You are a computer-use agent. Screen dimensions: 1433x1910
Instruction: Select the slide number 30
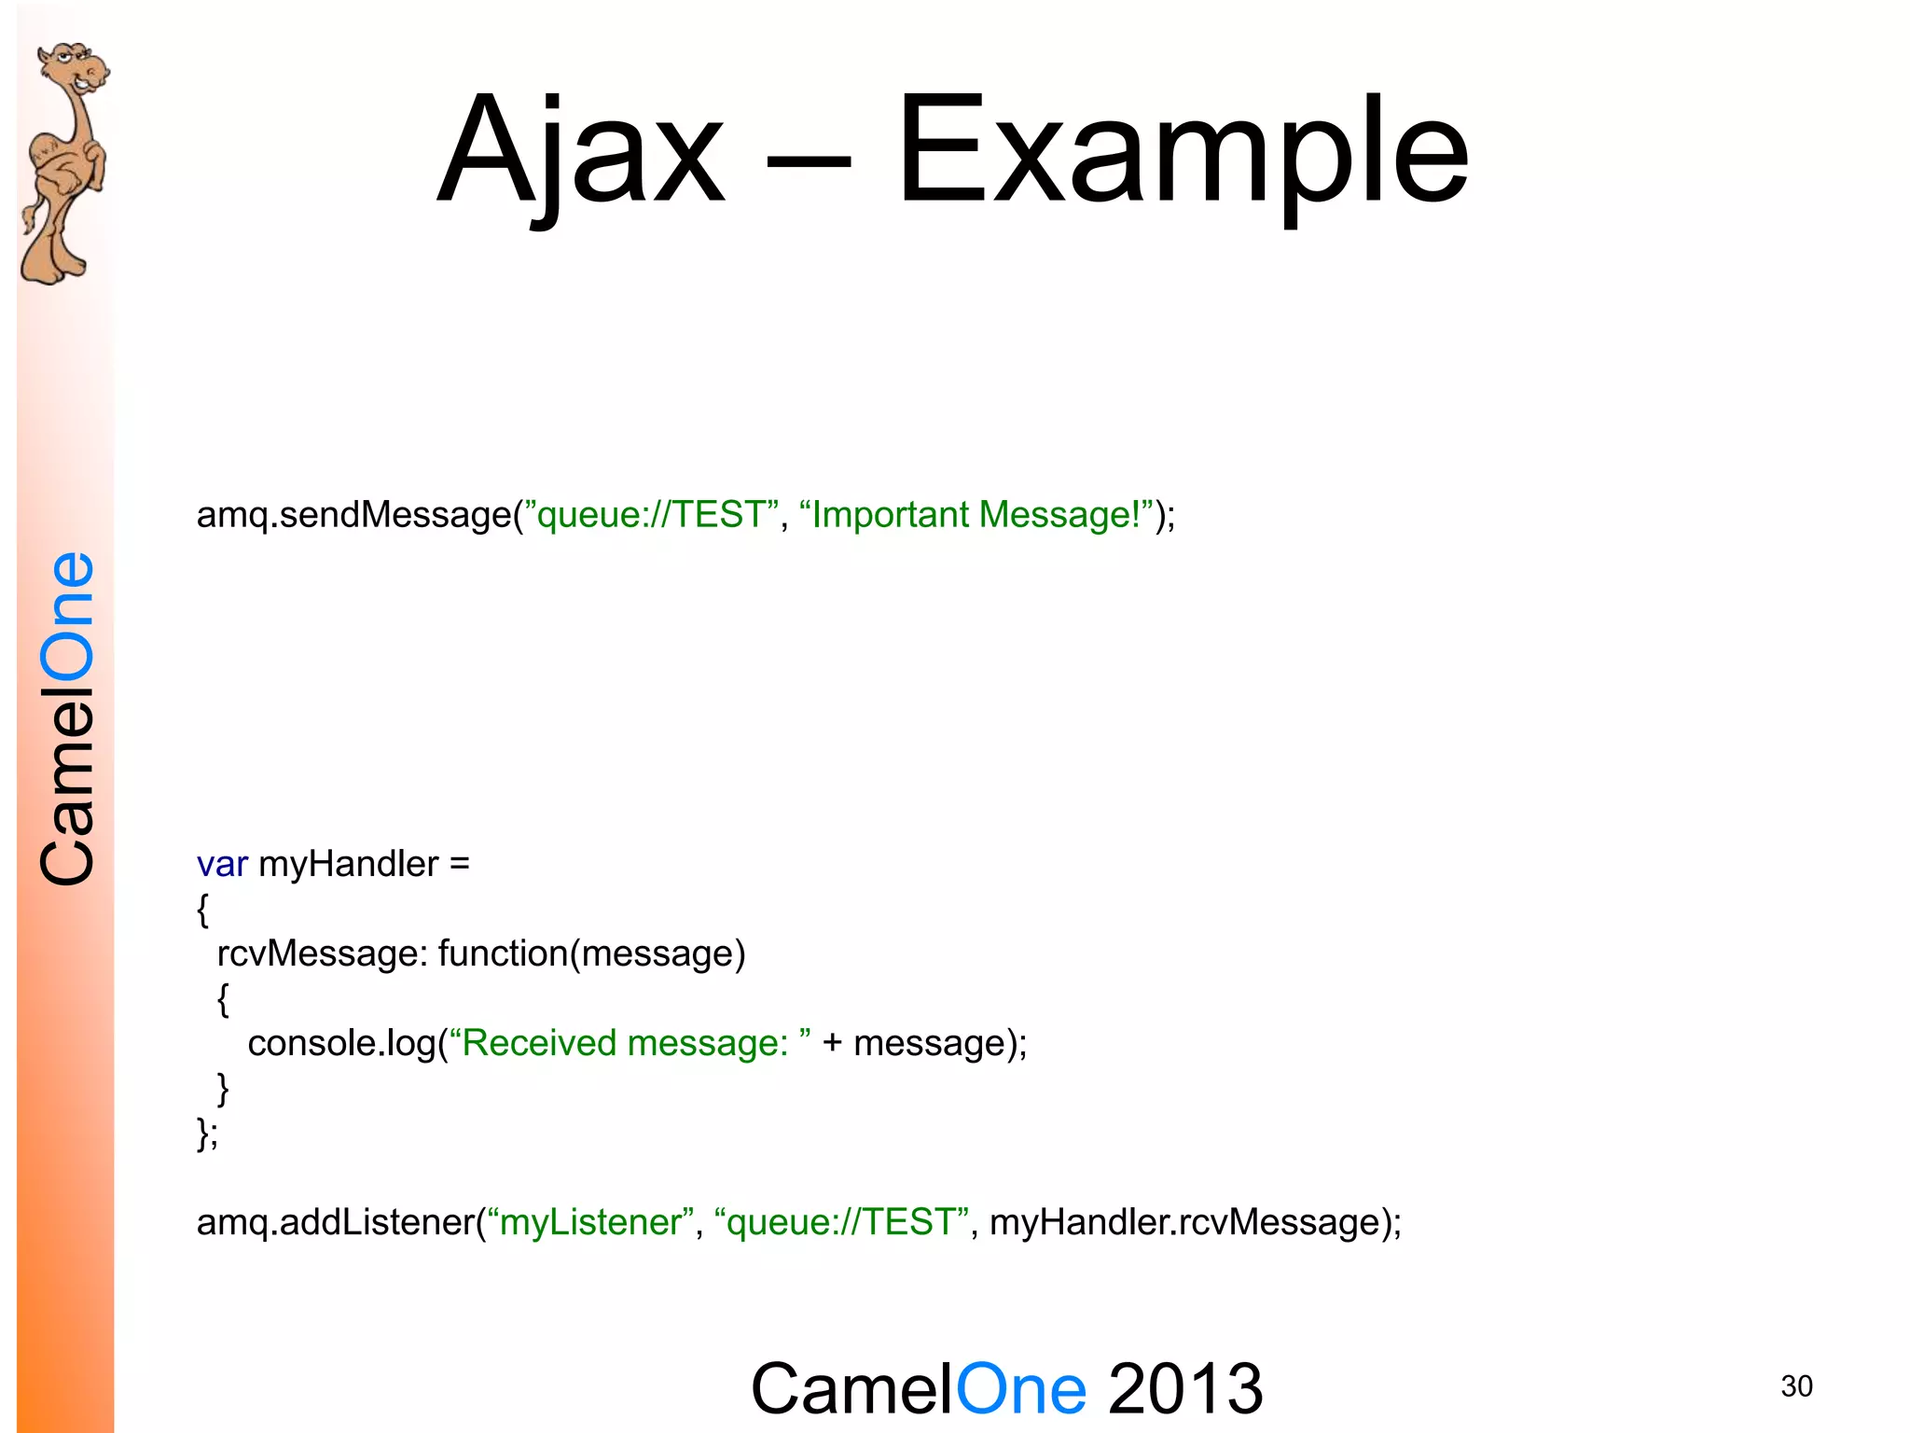point(1796,1386)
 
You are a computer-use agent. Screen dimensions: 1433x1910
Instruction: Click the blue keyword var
point(222,865)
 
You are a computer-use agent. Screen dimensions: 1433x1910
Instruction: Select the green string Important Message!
point(976,515)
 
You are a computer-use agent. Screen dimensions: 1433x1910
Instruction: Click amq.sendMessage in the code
point(354,515)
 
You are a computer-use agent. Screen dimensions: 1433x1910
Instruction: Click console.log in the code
point(341,1043)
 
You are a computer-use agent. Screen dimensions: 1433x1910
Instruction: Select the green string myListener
point(591,1222)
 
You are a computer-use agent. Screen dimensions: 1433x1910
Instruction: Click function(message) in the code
point(591,953)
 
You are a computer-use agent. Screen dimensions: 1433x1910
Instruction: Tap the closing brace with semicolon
point(207,1133)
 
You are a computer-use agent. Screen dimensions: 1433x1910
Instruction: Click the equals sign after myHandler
point(459,865)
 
